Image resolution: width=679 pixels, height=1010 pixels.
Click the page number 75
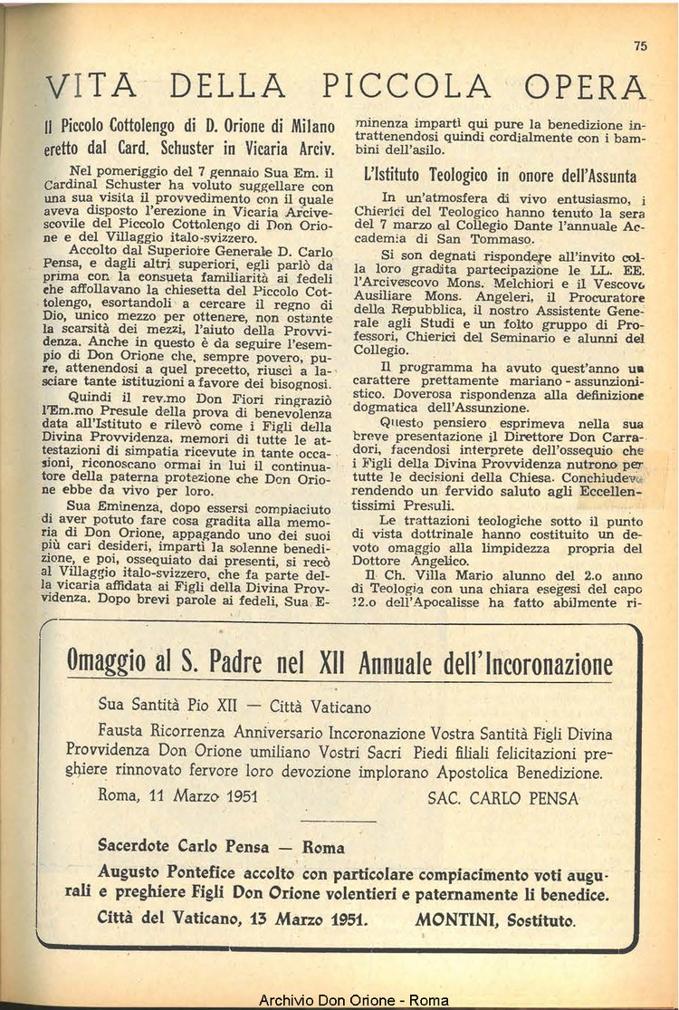click(x=641, y=47)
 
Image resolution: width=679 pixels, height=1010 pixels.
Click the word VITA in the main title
click(x=90, y=86)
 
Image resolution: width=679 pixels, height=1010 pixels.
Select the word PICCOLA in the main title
click(x=406, y=86)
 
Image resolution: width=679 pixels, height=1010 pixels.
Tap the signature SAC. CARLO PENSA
click(x=502, y=798)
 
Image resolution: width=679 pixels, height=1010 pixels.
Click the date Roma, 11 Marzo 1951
click(x=177, y=797)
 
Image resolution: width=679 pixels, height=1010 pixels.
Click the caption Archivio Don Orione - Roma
click(x=353, y=1001)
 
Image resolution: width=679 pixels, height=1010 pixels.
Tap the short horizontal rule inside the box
click(x=336, y=822)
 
